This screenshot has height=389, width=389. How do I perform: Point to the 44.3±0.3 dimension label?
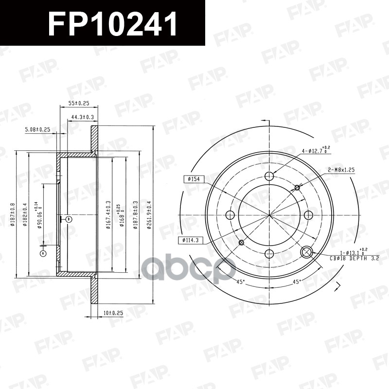pyautogui.click(x=83, y=117)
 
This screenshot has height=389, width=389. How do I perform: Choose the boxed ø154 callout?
pyautogui.click(x=193, y=179)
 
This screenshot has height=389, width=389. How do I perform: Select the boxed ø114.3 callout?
pyautogui.click(x=189, y=240)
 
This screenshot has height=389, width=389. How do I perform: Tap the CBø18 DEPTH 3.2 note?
pyautogui.click(x=347, y=258)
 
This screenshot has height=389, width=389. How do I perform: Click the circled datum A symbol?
pyautogui.click(x=43, y=254)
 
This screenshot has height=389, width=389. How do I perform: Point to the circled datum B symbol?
pyautogui.click(x=69, y=219)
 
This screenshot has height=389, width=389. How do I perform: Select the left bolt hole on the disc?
pyautogui.click(x=231, y=215)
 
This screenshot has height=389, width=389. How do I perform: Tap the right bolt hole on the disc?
pyautogui.click(x=308, y=215)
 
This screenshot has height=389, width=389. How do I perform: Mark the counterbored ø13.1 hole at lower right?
pyautogui.click(x=307, y=252)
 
